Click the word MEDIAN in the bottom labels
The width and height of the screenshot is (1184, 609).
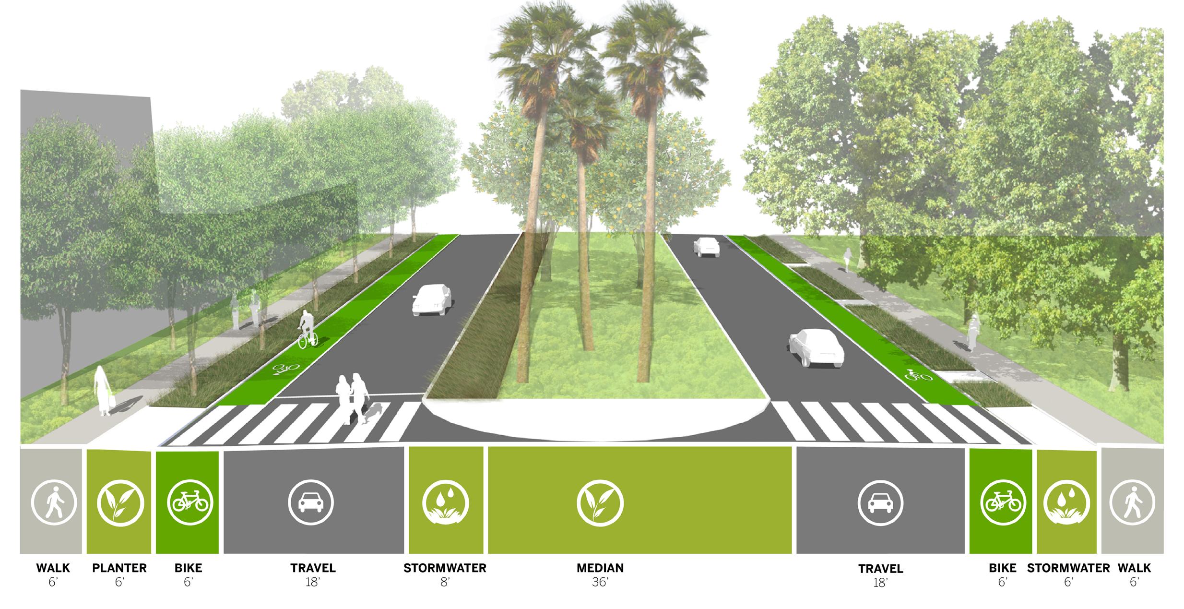pyautogui.click(x=600, y=568)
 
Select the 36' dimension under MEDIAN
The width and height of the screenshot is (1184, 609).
pyautogui.click(x=600, y=583)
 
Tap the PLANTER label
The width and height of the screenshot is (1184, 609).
pyautogui.click(x=119, y=568)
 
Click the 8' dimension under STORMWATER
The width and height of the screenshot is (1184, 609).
pyautogui.click(x=445, y=583)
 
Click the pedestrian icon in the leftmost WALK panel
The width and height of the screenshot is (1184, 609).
pyautogui.click(x=54, y=503)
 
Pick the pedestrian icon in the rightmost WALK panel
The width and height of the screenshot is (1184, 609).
pyautogui.click(x=1132, y=503)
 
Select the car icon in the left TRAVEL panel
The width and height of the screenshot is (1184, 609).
pyautogui.click(x=311, y=503)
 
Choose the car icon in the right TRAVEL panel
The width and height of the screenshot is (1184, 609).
pyautogui.click(x=880, y=503)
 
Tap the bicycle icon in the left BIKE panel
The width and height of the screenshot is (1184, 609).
pyautogui.click(x=190, y=503)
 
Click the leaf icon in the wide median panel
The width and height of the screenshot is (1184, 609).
pyautogui.click(x=600, y=503)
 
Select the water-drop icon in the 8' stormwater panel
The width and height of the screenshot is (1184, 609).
pyautogui.click(x=445, y=503)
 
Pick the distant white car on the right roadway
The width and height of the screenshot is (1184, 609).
pyautogui.click(x=706, y=247)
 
